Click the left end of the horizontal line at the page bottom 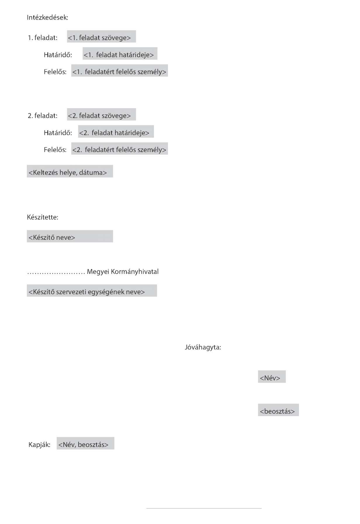[146, 508]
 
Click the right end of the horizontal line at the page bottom [262, 508]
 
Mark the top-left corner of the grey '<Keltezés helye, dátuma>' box [27, 165]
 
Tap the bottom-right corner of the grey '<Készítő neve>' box [113, 242]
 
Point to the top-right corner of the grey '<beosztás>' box [299, 404]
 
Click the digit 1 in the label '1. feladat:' [30, 38]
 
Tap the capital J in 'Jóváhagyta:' [186, 348]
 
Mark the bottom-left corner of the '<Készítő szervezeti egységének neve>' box [27, 297]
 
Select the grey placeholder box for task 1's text [101, 37]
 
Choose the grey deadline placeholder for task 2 [116, 132]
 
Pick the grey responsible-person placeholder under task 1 [120, 70]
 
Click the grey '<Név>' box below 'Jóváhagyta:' [272, 377]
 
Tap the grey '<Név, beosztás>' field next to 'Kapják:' [85, 443]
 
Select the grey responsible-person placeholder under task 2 [120, 149]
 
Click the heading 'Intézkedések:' [48, 18]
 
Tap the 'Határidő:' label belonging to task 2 [58, 133]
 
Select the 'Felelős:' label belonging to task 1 [55, 72]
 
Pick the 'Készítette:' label [43, 217]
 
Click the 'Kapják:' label [39, 445]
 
